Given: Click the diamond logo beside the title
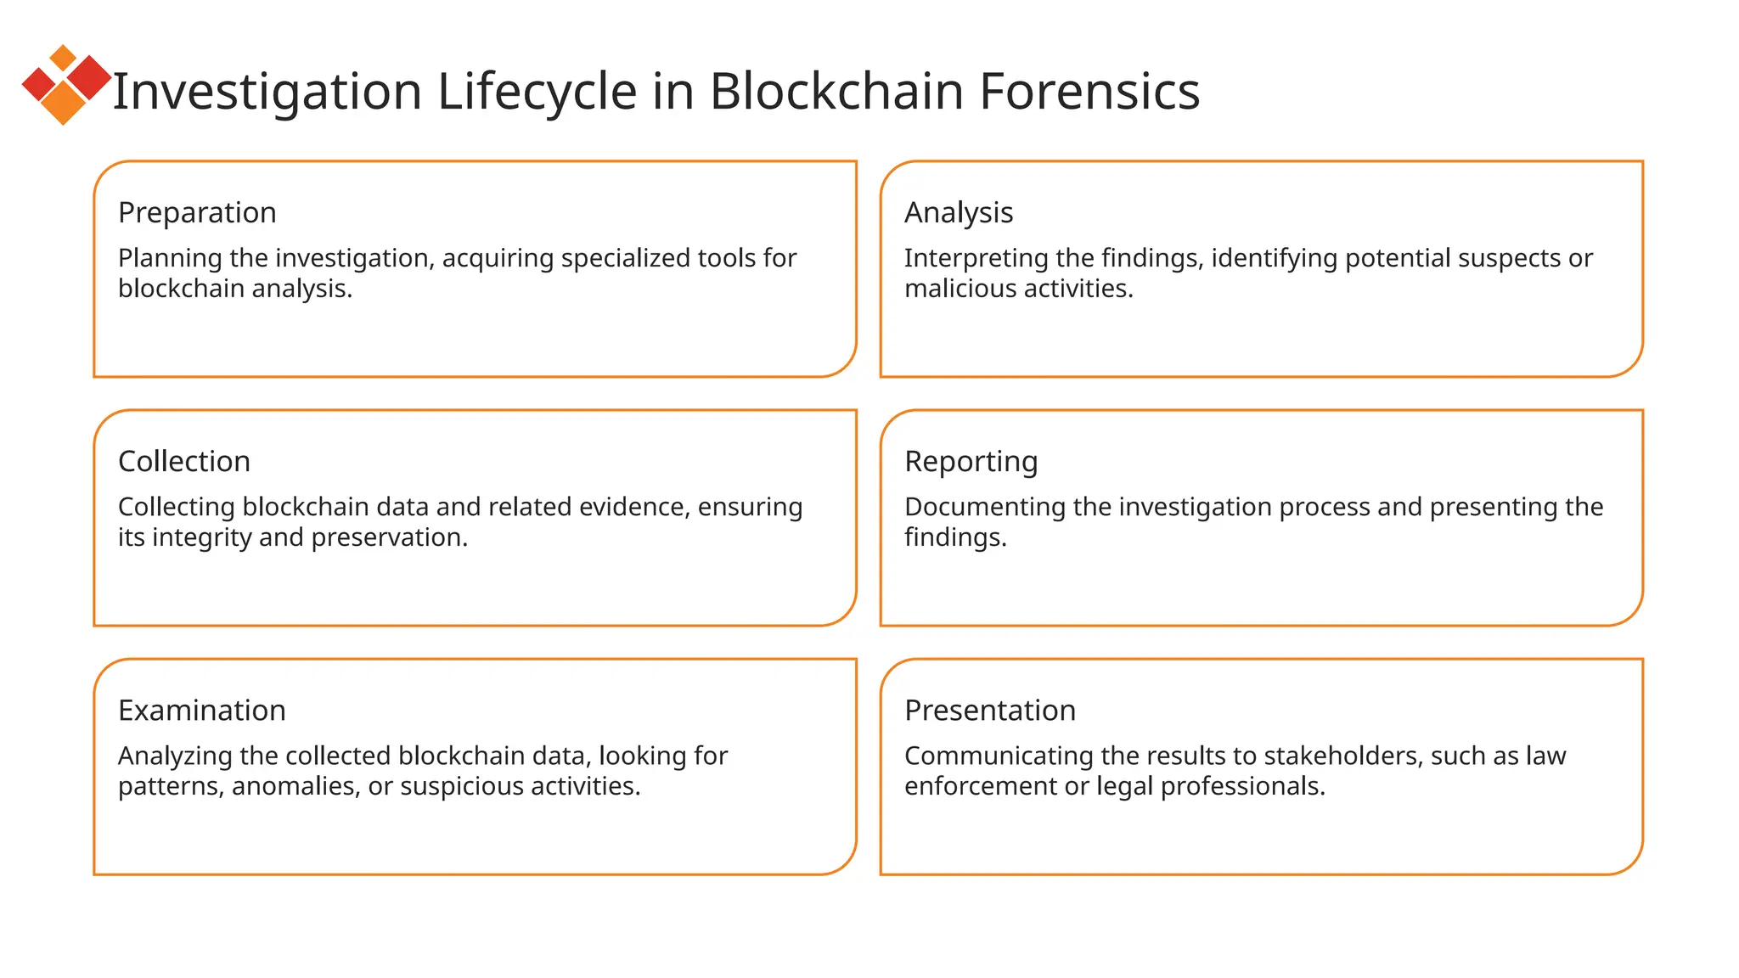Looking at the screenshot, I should (x=66, y=85).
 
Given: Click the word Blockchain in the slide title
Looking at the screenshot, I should (x=836, y=91).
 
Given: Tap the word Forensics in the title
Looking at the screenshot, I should (x=1089, y=91).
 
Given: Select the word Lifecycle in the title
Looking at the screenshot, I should (x=537, y=91).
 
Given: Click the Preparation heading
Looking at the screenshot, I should (x=197, y=212).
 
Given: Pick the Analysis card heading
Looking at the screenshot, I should (x=959, y=212).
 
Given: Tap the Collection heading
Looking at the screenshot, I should (x=184, y=461).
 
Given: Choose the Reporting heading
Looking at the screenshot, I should (x=971, y=461).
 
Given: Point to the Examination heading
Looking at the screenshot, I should (x=202, y=710).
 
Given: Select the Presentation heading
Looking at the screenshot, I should (x=990, y=710).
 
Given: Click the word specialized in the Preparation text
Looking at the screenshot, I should (x=625, y=258).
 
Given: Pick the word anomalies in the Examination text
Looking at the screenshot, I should (x=295, y=786).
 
